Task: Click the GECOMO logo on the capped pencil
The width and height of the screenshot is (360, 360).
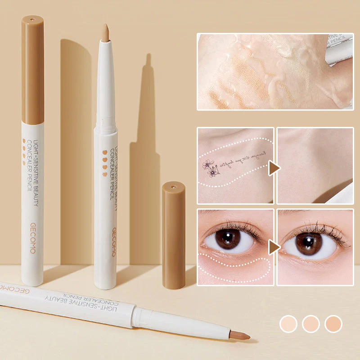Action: tap(32, 238)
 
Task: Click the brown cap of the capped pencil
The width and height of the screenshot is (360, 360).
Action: tap(32, 70)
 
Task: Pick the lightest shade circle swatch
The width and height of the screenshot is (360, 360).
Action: tap(288, 324)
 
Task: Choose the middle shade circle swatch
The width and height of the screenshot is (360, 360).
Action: tap(310, 324)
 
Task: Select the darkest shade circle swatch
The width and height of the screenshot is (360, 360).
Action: tap(333, 324)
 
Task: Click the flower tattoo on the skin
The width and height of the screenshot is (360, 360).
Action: tap(210, 167)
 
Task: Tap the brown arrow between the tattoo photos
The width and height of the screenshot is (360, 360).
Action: tap(274, 168)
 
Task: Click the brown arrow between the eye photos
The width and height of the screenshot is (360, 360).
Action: tap(274, 247)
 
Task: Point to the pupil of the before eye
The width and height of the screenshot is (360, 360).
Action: tap(228, 238)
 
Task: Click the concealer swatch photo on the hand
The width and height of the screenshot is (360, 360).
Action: tap(274, 72)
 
